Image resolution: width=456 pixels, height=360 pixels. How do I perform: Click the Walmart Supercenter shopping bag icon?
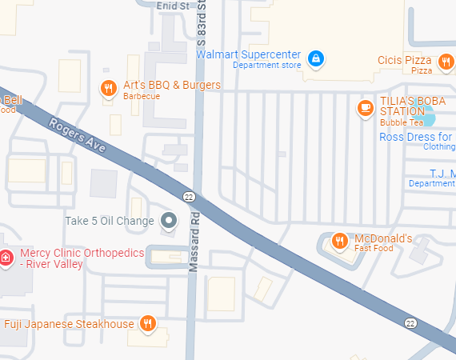coord(317,58)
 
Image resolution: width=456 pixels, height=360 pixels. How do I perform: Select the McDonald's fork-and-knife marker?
coord(339,241)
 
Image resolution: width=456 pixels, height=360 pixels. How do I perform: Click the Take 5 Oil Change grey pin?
coord(169,220)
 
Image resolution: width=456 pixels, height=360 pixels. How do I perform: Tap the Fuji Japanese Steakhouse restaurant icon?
coord(147,323)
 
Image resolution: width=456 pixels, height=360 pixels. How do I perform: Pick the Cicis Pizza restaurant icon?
coord(446,62)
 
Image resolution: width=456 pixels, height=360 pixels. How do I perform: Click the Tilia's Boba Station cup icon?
coord(366,107)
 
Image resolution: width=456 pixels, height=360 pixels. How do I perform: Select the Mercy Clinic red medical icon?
coord(6,257)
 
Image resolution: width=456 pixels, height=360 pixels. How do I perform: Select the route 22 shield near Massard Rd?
coord(189,196)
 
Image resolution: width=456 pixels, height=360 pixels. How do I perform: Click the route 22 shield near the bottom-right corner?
coord(411,322)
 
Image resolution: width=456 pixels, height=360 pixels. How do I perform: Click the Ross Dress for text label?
coord(416,137)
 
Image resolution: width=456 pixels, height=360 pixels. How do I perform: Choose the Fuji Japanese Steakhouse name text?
coord(69,324)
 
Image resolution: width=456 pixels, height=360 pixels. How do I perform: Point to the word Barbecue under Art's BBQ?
coord(142,96)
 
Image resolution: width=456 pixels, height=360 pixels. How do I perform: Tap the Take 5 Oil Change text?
coord(109,221)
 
